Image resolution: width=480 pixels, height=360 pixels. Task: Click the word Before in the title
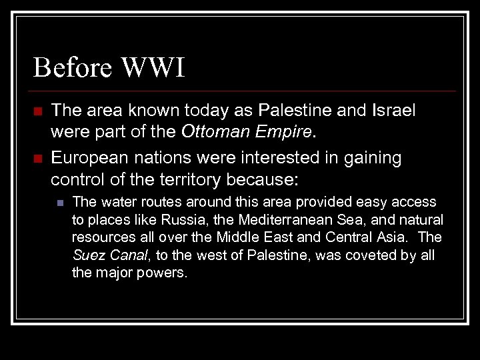tap(73, 68)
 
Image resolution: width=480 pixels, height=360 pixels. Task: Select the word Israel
tap(396, 111)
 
